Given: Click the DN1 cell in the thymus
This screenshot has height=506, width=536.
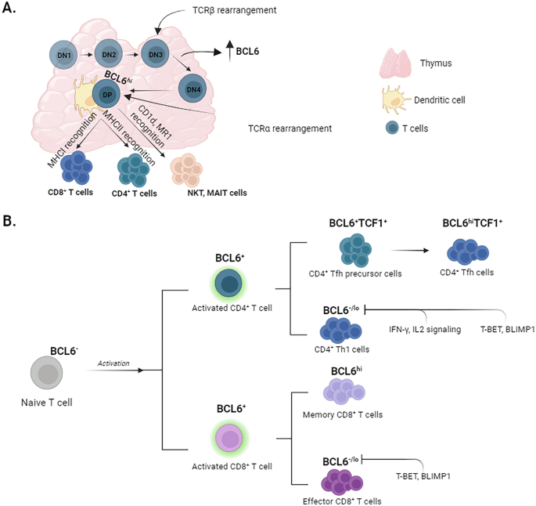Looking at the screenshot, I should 63,56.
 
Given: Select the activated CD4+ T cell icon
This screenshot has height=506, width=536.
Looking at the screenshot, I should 232,284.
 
